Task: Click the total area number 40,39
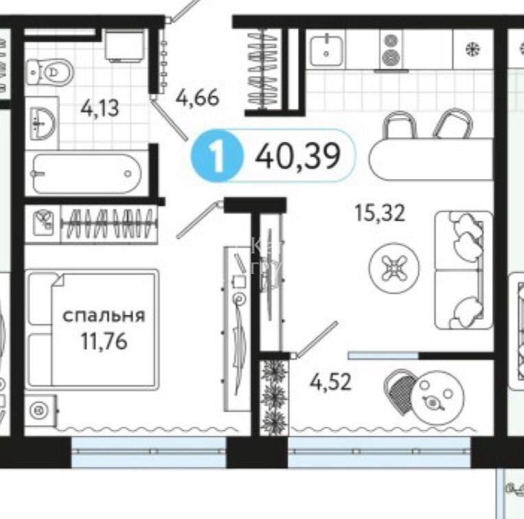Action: [x=297, y=156]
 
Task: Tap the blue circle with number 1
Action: [x=216, y=156]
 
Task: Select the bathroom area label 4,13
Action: [x=100, y=108]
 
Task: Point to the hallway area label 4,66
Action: [x=198, y=97]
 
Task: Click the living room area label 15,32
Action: [x=380, y=213]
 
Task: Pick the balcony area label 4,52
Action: [x=330, y=382]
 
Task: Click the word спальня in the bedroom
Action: [x=104, y=316]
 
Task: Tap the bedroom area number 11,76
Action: [x=104, y=341]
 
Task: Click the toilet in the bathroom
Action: [x=50, y=72]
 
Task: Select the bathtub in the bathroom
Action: [x=87, y=174]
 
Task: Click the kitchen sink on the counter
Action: [x=326, y=50]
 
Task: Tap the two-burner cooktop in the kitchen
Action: [x=391, y=50]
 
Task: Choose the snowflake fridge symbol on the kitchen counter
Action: [x=473, y=49]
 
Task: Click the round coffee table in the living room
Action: [x=394, y=268]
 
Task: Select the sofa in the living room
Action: [x=464, y=270]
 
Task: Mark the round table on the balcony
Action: [x=437, y=397]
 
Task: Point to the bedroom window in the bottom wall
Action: [x=149, y=452]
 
